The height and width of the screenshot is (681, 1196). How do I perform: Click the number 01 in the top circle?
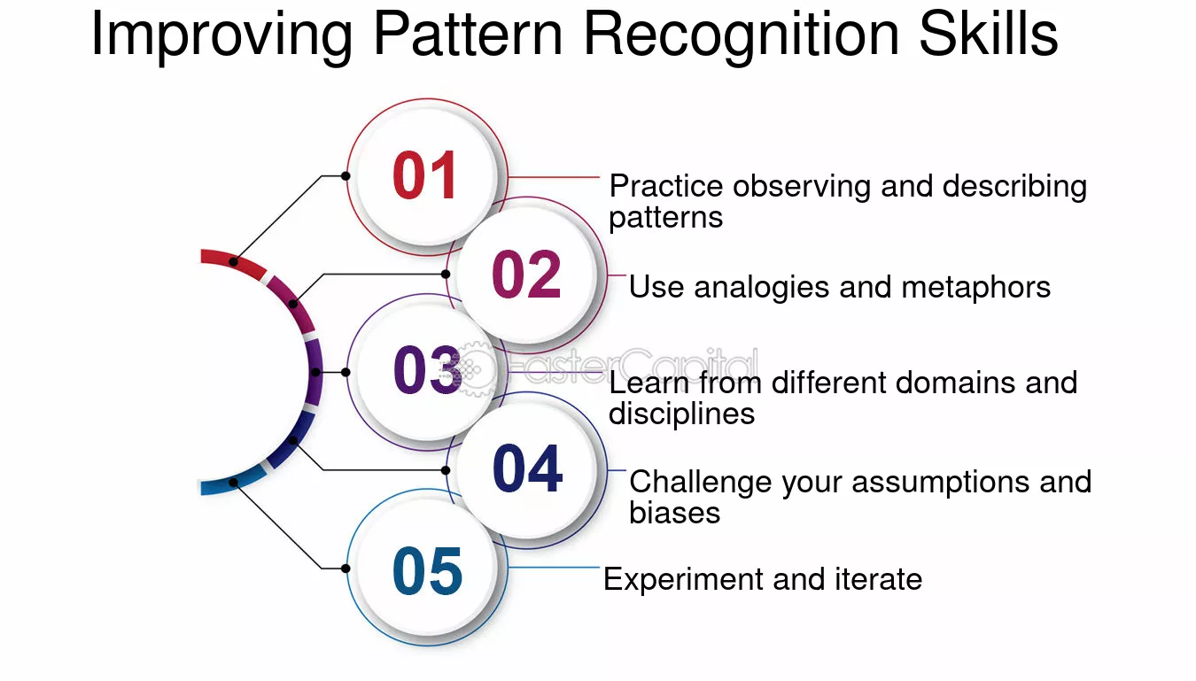pos(425,175)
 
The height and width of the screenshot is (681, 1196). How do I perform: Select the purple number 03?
pos(427,371)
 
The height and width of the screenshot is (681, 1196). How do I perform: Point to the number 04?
pos(527,469)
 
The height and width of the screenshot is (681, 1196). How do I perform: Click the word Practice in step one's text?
pos(666,186)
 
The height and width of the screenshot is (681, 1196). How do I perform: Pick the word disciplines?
pos(681,414)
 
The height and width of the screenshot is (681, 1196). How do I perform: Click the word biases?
pos(674,513)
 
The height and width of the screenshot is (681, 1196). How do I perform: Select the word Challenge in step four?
pos(701,482)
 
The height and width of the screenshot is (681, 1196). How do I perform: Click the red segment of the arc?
pos(233,261)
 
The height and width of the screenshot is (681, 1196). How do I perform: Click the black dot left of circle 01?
pos(346,175)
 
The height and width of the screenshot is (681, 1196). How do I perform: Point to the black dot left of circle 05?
pos(346,568)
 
